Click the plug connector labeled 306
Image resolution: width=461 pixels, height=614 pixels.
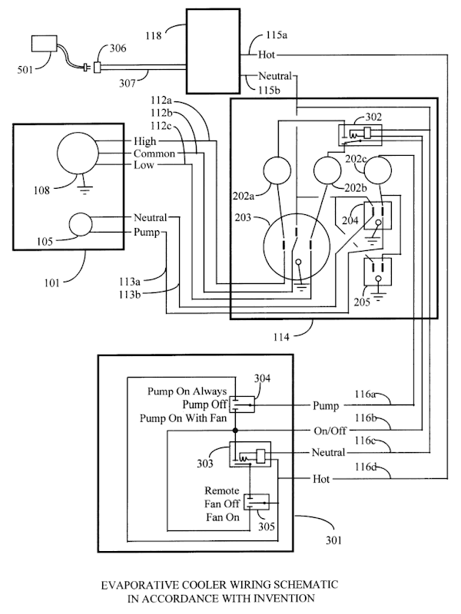click(98, 68)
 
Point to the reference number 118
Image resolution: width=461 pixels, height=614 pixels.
click(154, 35)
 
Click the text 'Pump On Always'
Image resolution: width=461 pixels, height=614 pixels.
click(187, 391)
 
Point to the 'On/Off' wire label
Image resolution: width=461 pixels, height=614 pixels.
click(330, 431)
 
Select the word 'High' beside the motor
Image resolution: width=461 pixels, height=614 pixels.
click(145, 141)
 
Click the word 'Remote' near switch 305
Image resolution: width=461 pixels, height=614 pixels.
click(222, 490)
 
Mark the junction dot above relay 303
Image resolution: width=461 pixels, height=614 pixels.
click(235, 431)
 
